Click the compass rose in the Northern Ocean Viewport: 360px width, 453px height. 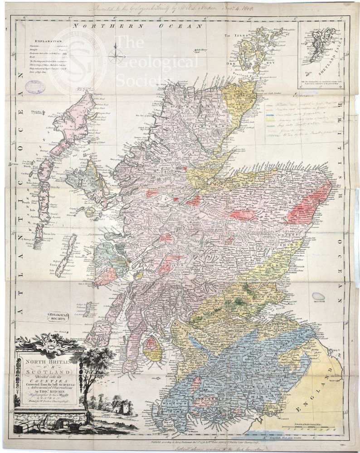[x=117, y=56]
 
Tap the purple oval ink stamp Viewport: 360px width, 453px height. [x=35, y=87]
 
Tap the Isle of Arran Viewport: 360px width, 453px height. [x=153, y=349]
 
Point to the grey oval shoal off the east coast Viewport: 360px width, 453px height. [x=319, y=296]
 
